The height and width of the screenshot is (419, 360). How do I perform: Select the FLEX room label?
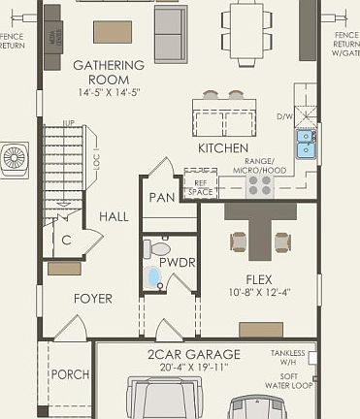258,278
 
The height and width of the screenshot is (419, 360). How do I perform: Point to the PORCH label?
69,374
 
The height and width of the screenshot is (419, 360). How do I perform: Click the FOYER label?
93,299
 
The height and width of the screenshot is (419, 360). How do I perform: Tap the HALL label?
114,217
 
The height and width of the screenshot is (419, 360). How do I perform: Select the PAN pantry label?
161,198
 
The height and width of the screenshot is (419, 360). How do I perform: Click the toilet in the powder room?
155,249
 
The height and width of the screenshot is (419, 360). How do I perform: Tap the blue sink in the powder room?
154,279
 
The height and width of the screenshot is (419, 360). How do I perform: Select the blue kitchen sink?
306,144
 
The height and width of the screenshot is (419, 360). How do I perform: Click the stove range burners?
259,184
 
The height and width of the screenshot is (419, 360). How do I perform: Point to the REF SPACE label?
200,187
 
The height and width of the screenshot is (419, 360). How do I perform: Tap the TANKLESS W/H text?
287,359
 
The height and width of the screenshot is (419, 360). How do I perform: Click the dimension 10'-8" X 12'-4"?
258,292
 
